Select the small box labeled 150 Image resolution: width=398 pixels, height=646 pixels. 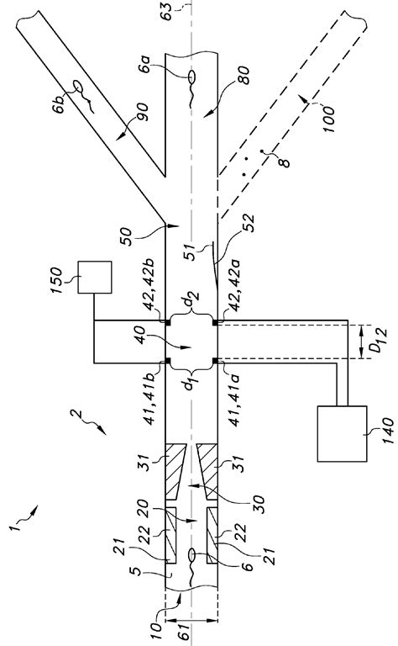(94, 277)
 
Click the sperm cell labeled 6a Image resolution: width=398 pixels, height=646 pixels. (191, 79)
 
